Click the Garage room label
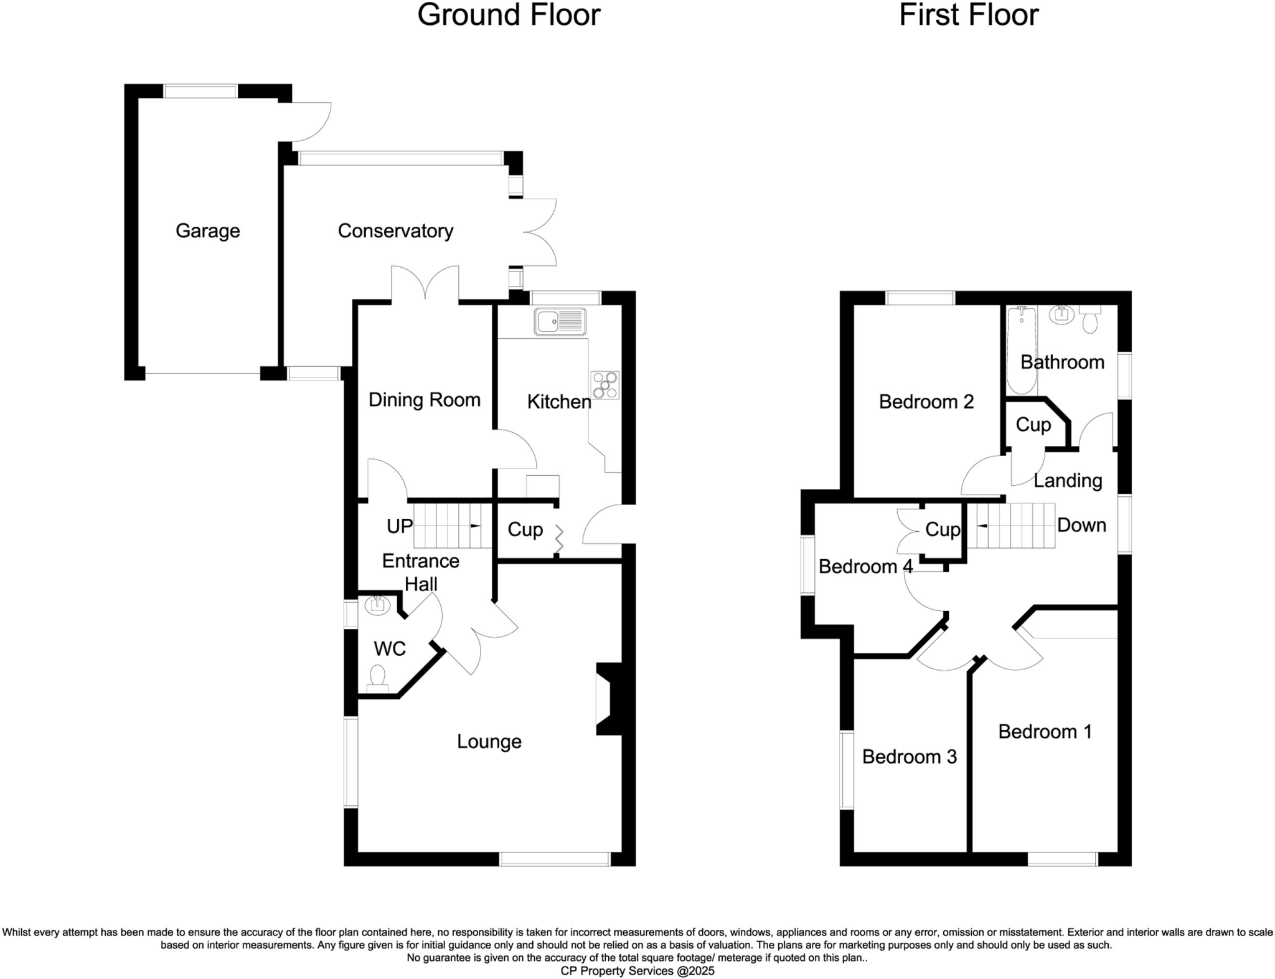click(207, 231)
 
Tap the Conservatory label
click(395, 231)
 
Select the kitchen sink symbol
click(559, 322)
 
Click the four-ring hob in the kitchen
click(605, 385)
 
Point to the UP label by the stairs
click(399, 526)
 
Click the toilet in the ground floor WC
click(377, 678)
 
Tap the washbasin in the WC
click(377, 605)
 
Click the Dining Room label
click(424, 400)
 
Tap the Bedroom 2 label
click(926, 402)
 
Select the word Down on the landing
click(1081, 525)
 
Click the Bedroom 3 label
click(909, 757)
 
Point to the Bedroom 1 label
click(1045, 731)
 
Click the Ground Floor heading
click(508, 15)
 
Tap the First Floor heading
click(968, 15)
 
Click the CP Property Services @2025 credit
click(637, 971)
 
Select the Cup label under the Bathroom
click(1033, 425)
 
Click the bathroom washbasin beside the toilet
click(1061, 315)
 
